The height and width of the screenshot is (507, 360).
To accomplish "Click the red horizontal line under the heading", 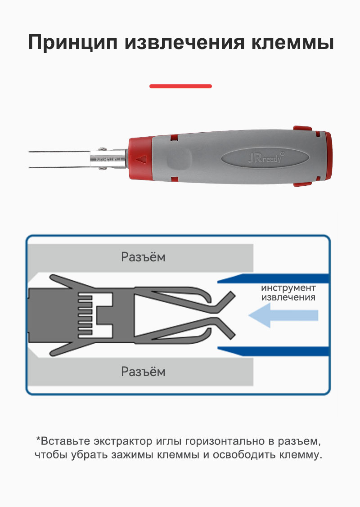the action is (180, 86).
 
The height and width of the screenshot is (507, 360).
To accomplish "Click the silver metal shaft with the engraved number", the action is (108, 159).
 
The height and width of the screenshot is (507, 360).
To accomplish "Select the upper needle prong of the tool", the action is (59, 151).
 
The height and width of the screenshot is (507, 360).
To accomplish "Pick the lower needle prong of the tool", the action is (59, 167).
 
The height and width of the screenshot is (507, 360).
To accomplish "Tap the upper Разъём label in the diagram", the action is (143, 257).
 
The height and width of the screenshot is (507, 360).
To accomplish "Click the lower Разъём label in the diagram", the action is (143, 372).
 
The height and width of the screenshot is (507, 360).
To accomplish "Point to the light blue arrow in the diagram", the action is (283, 315).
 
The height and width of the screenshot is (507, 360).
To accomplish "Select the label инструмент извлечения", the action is (288, 292).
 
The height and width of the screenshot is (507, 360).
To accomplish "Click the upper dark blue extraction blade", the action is (274, 278).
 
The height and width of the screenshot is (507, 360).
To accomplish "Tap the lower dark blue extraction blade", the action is (274, 351).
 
